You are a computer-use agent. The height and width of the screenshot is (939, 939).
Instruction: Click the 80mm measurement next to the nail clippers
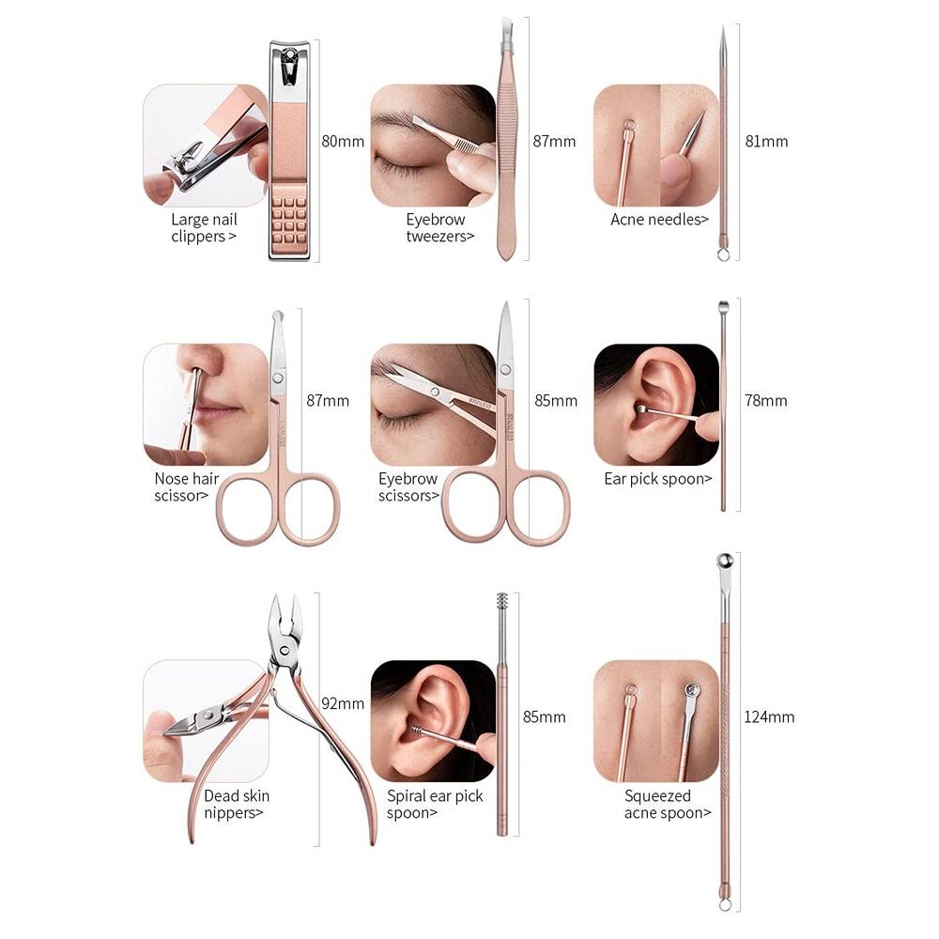[343, 142]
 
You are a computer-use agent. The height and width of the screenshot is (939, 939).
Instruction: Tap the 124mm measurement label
[769, 716]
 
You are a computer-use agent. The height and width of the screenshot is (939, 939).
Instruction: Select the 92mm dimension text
[343, 703]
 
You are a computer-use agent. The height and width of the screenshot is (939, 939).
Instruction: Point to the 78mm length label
[766, 401]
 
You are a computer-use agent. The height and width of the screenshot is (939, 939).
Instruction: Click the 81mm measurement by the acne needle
[766, 142]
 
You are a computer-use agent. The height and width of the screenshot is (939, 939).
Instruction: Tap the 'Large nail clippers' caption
[204, 227]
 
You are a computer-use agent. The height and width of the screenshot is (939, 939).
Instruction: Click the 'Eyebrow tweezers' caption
[439, 227]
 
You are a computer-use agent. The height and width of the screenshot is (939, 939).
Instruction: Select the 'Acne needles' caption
[659, 220]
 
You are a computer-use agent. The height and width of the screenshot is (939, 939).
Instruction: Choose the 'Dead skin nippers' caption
[236, 805]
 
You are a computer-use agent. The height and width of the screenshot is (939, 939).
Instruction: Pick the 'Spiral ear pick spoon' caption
[434, 805]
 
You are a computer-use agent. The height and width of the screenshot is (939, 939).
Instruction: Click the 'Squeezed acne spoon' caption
[667, 805]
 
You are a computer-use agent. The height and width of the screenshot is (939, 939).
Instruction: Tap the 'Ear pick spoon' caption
[657, 479]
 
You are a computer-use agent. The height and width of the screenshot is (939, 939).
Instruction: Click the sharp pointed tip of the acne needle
[723, 27]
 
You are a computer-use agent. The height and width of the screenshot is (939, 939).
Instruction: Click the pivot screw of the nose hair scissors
[278, 377]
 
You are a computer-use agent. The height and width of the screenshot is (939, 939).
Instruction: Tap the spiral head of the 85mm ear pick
[502, 602]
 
